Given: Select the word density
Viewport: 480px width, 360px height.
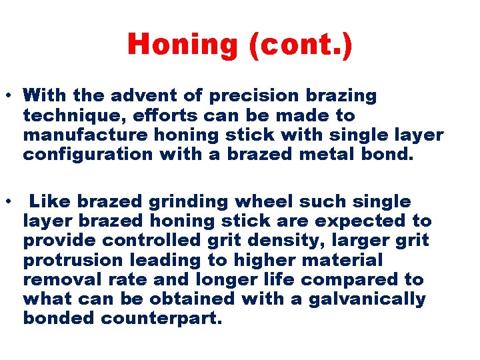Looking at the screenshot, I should click(x=302, y=240).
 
